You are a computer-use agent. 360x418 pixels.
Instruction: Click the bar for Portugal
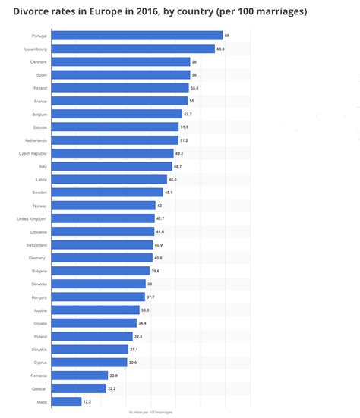tap(137, 36)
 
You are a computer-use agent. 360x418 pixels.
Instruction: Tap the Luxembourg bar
tap(134, 49)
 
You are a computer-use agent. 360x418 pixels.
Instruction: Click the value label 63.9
tap(220, 49)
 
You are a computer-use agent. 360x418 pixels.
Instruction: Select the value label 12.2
tap(88, 401)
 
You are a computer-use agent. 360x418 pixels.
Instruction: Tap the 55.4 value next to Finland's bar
tap(194, 88)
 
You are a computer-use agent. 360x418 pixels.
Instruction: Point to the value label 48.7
tap(178, 166)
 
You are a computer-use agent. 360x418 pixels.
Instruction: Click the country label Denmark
tap(38, 61)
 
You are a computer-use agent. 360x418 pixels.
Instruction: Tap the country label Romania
tap(38, 375)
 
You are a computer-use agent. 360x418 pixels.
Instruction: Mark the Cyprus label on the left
tap(39, 362)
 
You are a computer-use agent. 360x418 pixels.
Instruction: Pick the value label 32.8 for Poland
tap(138, 336)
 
